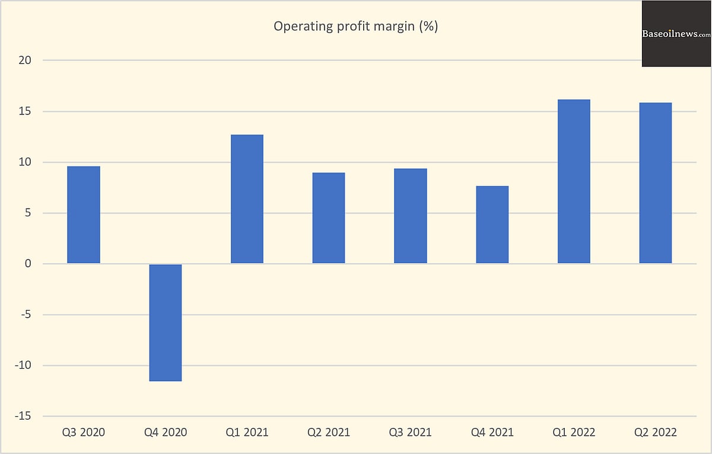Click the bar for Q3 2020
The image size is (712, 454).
point(84,215)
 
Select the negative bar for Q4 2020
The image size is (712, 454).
point(166,322)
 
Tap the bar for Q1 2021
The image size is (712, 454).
point(247,199)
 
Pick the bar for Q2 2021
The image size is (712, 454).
point(329,218)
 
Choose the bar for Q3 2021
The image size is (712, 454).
point(411,216)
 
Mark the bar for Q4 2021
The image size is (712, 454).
point(492,225)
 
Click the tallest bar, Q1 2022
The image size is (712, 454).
point(574,181)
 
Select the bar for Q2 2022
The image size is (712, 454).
point(656,183)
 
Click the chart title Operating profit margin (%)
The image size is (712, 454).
point(355,27)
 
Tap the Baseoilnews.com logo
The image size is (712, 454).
point(676,34)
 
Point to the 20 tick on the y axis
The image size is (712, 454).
point(25,60)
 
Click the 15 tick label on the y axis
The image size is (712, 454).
point(25,111)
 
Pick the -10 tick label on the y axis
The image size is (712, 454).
point(23,366)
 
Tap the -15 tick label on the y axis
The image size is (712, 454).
point(23,417)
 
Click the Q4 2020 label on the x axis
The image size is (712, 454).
point(166,433)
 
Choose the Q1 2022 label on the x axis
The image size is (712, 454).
point(574,433)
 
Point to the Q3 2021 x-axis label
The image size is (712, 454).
point(411,433)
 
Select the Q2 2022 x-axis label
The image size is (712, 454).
point(656,433)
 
